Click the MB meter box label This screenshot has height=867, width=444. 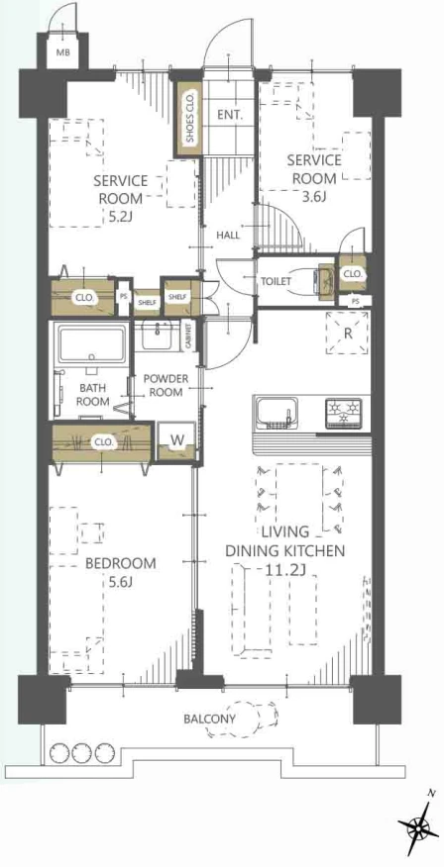click(61, 53)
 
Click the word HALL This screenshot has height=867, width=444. click(228, 235)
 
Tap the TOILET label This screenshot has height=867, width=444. click(276, 281)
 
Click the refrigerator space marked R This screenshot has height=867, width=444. click(347, 334)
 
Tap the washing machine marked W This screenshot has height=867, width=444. click(176, 441)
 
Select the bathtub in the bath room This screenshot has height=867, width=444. click(91, 345)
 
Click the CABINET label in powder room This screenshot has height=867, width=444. click(188, 336)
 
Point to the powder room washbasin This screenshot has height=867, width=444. click(160, 335)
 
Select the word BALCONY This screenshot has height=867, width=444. click(210, 720)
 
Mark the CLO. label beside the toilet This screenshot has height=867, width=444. click(352, 274)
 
